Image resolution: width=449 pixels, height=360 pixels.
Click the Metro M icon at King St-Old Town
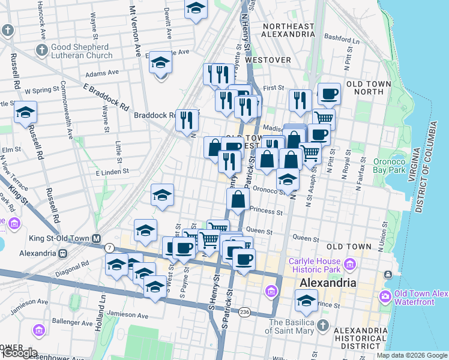point(96,238)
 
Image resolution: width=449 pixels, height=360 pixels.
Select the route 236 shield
point(244,311)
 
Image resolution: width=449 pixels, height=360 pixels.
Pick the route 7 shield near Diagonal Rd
point(109,247)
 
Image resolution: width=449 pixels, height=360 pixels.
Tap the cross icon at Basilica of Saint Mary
point(323,325)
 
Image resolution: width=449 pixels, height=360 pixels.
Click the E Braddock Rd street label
point(106,97)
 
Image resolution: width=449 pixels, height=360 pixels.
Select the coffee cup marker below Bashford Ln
point(329,94)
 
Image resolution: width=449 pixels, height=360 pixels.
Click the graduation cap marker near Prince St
point(306,299)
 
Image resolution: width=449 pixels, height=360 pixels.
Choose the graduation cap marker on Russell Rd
point(25,112)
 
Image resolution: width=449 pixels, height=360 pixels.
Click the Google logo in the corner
point(19,353)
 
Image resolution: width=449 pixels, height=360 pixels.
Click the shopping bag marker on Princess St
point(238,200)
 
